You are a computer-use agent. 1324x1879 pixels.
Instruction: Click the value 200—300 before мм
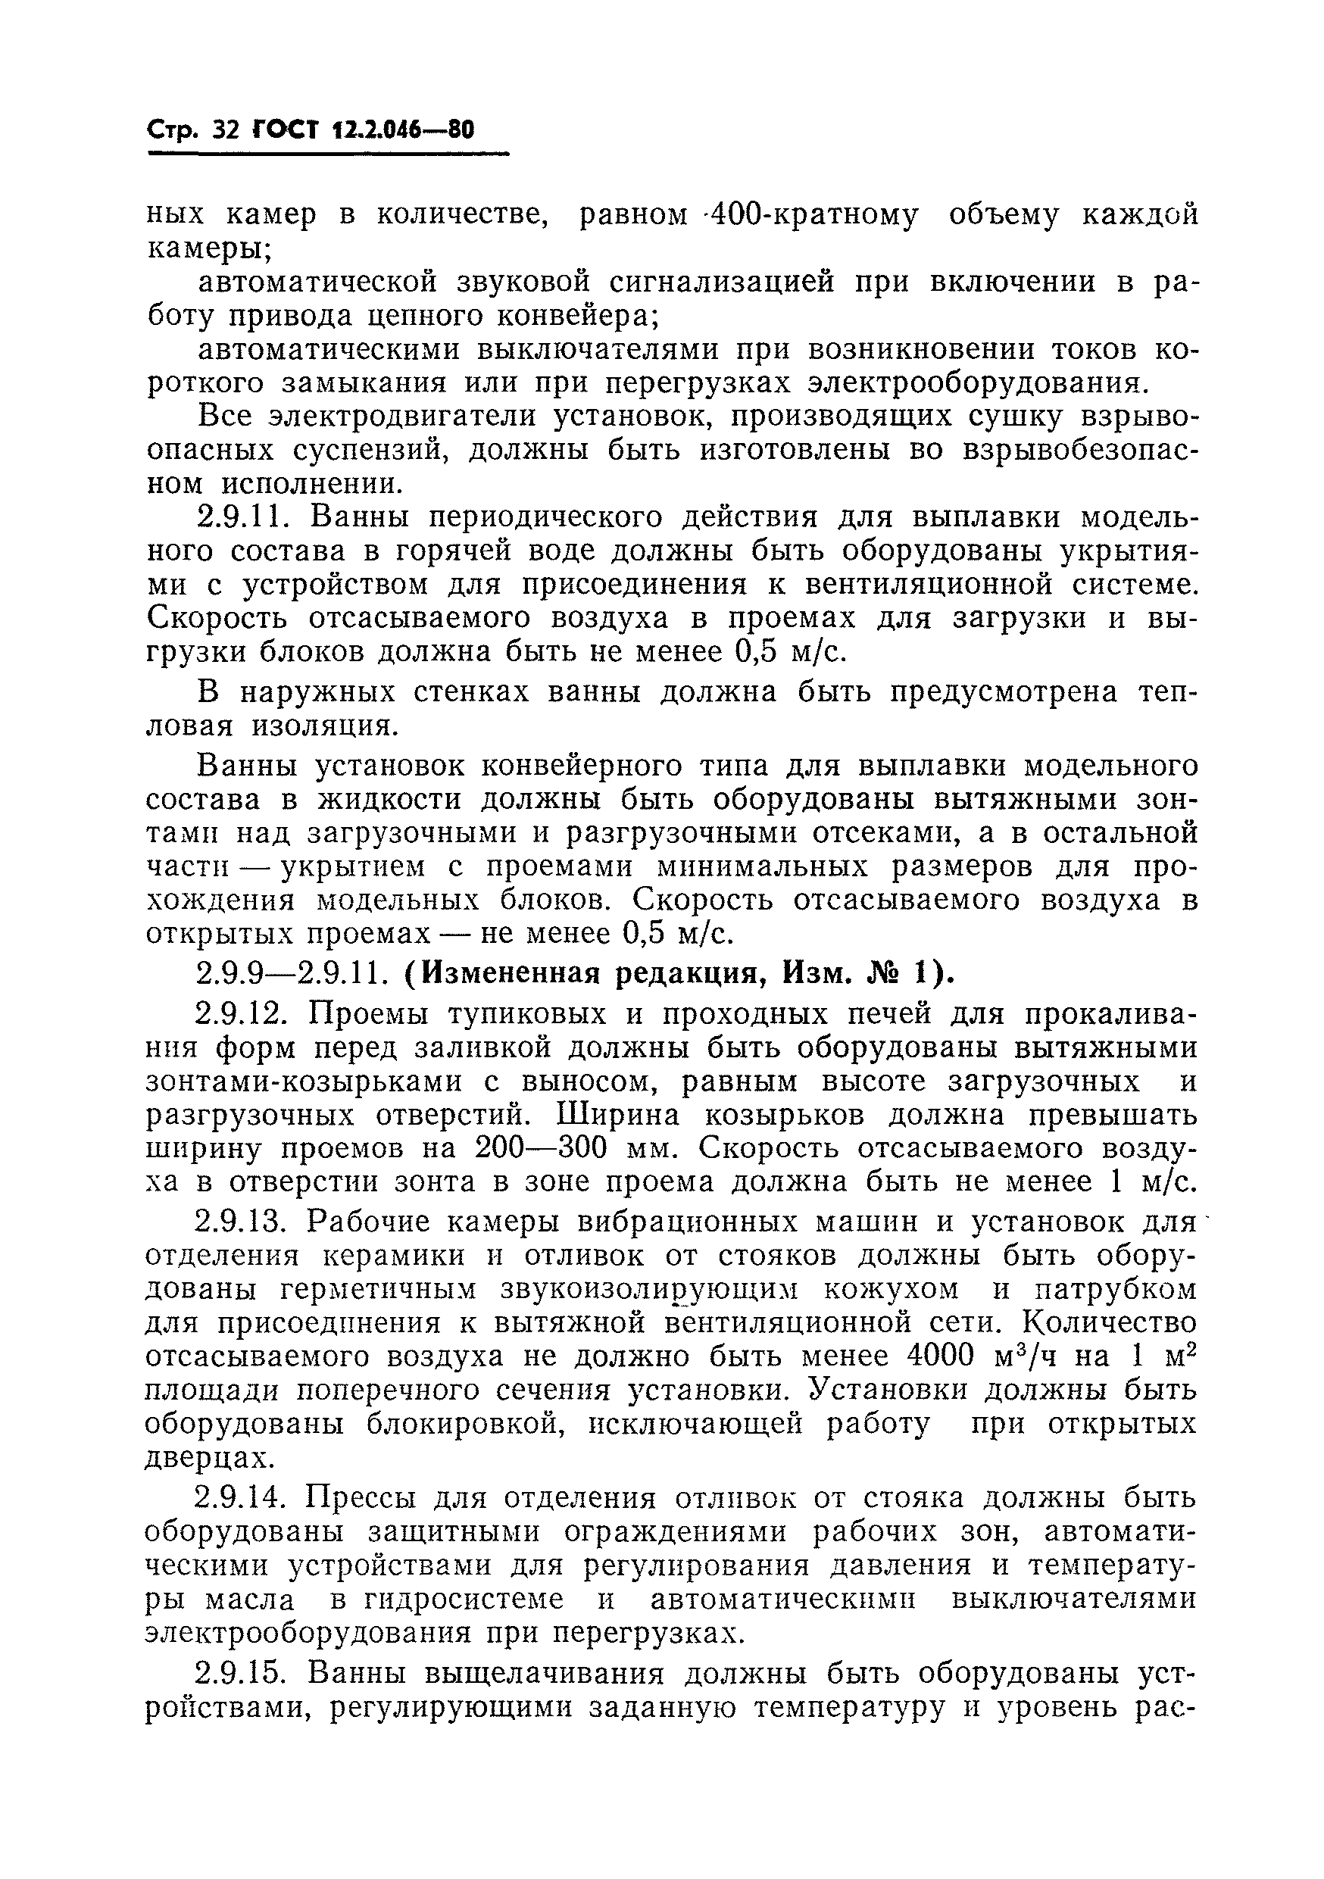pos(541,1149)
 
